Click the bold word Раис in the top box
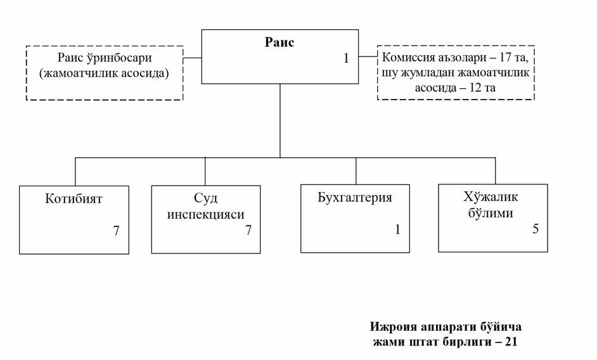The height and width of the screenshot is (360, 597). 279,42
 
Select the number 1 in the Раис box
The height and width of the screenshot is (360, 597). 346,59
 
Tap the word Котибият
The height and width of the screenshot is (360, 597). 74,198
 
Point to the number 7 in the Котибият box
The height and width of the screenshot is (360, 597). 116,230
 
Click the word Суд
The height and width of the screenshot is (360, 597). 205,198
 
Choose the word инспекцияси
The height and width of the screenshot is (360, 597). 205,214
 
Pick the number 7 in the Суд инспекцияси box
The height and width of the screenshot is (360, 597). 248,230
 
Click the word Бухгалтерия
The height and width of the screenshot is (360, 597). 355,197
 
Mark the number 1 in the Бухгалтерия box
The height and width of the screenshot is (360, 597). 397,229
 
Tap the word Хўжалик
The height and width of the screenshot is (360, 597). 487,196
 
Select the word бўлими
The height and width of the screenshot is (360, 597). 487,212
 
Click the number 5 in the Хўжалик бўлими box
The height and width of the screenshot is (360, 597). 535,229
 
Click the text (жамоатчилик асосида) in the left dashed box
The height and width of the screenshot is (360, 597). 104,74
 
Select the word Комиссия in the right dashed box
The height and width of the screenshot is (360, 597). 409,58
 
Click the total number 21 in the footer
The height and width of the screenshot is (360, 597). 511,342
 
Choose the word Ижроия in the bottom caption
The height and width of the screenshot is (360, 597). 392,327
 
